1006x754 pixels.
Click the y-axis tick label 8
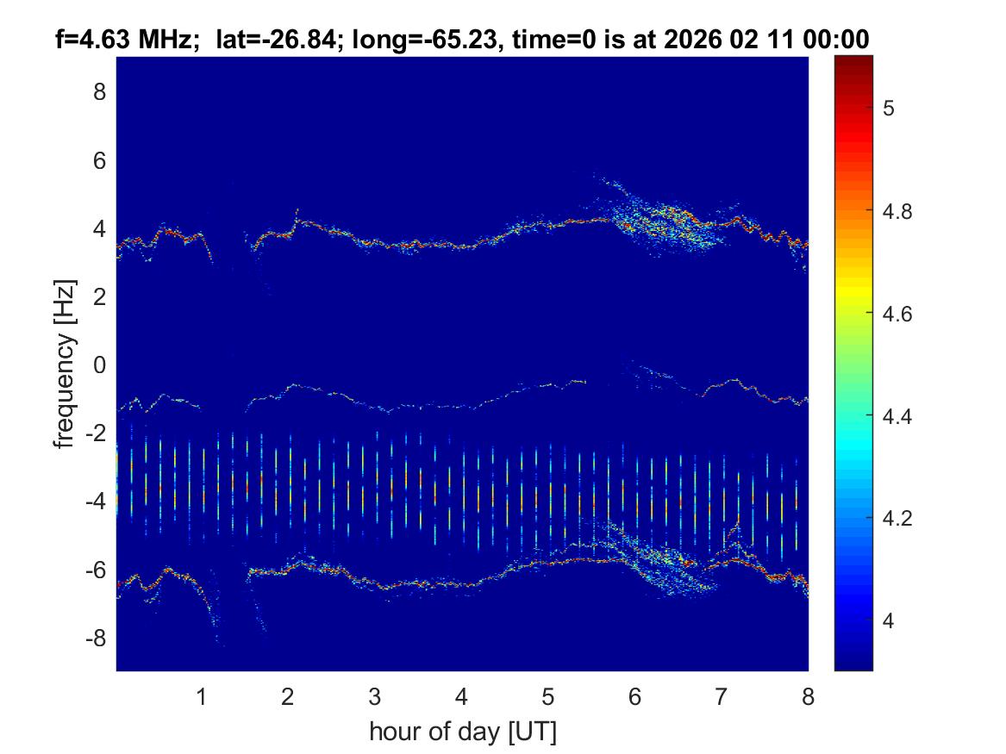(x=99, y=91)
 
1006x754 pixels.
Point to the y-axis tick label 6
(x=99, y=160)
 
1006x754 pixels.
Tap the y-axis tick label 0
(x=99, y=365)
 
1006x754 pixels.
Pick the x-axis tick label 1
(x=202, y=697)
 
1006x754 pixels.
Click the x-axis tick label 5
(x=548, y=697)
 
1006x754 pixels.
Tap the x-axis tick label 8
(x=808, y=697)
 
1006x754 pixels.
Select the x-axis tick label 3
(x=375, y=697)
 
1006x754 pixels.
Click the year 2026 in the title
(x=697, y=39)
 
